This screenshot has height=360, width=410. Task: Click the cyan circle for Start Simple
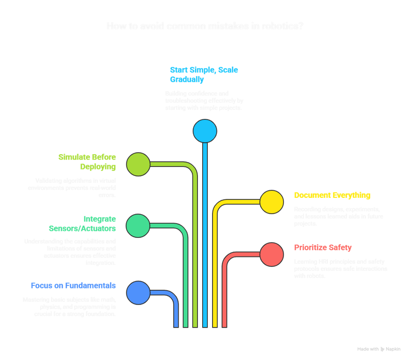click(x=205, y=131)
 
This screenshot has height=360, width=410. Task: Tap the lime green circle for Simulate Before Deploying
click(x=138, y=164)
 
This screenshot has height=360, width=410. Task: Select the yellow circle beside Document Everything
click(x=271, y=202)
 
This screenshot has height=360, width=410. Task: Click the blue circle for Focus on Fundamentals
click(x=138, y=292)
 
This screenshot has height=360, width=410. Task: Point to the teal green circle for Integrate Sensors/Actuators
click(x=138, y=225)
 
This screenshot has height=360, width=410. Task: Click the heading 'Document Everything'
click(x=332, y=195)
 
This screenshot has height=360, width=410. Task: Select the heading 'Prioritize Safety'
click(x=323, y=248)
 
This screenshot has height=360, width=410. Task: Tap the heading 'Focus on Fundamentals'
click(x=73, y=286)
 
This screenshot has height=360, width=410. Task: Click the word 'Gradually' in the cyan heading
click(x=187, y=80)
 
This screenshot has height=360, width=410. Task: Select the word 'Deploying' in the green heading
click(x=98, y=166)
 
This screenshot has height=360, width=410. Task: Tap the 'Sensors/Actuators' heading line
click(x=82, y=229)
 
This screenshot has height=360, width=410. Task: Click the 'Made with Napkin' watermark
click(x=379, y=349)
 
